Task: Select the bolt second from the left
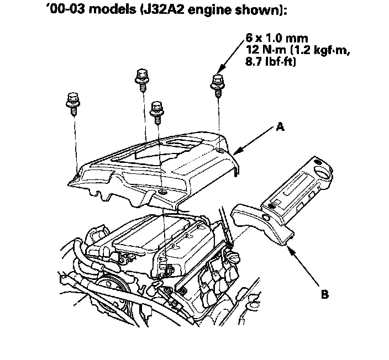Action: coord(140,78)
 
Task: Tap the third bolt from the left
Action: coord(157,109)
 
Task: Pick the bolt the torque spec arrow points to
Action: coord(217,82)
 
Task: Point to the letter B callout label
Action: coord(324,294)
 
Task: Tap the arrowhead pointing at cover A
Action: coord(237,151)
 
